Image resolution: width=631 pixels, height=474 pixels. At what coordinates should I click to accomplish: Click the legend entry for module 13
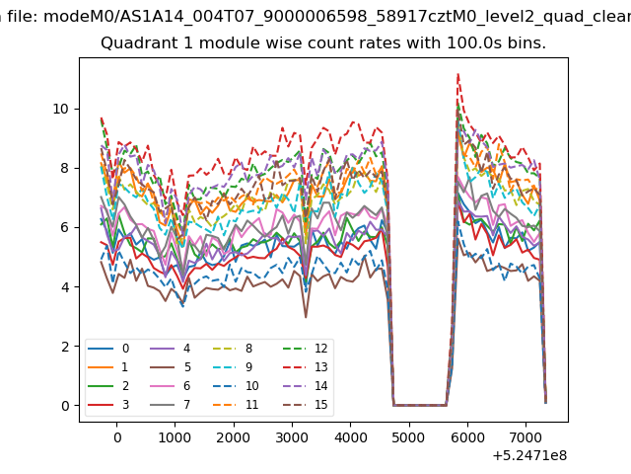pos(306,367)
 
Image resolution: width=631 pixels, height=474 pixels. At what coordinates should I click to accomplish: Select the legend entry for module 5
pos(171,367)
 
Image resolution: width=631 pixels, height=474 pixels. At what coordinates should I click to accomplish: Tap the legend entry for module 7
pos(171,405)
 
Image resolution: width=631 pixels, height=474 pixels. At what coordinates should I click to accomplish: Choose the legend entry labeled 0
pos(108,349)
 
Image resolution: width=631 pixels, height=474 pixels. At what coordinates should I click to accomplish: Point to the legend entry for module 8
pos(233,349)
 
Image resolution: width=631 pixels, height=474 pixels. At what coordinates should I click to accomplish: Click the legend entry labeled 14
pos(306,386)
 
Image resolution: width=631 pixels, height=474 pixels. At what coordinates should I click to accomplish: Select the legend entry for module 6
pos(171,386)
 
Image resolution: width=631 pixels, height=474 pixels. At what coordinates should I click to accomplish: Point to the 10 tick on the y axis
pos(61,109)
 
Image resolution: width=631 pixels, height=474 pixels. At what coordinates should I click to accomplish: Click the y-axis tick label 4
pos(65,287)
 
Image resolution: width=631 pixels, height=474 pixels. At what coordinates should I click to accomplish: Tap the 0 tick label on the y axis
pos(65,406)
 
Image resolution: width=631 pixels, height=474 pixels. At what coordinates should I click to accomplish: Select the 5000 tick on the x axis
pos(409,437)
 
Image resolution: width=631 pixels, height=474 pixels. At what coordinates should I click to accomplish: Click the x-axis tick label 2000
pos(234,437)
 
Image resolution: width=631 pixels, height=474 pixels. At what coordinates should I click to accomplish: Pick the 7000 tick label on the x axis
pos(526,437)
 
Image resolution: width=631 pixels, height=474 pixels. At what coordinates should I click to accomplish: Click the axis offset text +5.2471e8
pos(529,456)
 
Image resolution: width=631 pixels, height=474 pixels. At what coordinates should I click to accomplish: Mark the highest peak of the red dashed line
pos(457,74)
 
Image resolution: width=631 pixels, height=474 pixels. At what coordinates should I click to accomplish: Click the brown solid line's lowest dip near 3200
pos(306,318)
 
